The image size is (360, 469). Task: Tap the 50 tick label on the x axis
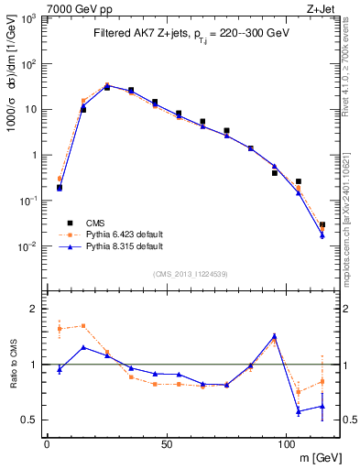click(x=166, y=445)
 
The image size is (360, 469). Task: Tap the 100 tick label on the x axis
click(x=286, y=445)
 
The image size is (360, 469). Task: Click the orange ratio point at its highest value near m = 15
click(x=83, y=325)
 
